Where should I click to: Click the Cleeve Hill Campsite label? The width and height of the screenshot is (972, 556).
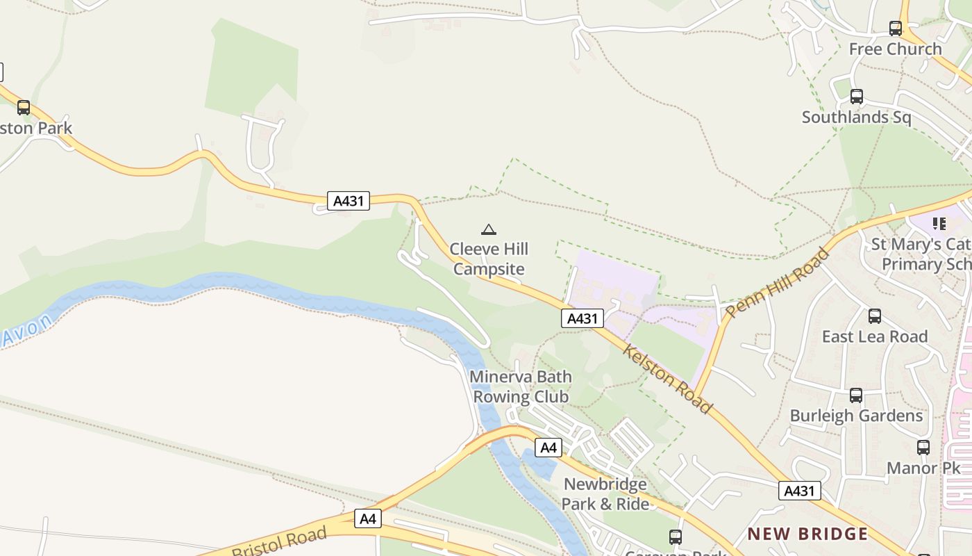489,259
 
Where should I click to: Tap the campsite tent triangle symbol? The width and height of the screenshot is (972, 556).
489,229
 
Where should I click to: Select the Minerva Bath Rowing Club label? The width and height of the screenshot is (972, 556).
521,386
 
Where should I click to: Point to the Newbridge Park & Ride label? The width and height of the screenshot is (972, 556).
605,494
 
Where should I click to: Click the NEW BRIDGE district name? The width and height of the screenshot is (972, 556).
807,534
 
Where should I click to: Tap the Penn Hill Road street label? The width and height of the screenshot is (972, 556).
778,283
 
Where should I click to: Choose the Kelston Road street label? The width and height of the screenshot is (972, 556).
667,378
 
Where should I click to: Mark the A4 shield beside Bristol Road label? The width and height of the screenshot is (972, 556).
369,518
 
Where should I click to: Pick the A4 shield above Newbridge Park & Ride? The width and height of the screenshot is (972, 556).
548,447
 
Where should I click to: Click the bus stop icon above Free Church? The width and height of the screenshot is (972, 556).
896,28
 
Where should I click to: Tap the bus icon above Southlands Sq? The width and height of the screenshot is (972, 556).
857,97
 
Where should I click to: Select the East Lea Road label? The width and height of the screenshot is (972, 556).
875,336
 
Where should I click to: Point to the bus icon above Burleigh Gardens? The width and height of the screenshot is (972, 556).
856,395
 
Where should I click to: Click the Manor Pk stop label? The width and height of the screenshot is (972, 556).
923,468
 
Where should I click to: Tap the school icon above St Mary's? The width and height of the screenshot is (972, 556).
939,224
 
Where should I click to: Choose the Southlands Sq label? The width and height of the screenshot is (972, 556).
857,117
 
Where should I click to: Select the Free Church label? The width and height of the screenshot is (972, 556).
896,49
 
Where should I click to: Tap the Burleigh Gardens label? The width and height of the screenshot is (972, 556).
856,416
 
